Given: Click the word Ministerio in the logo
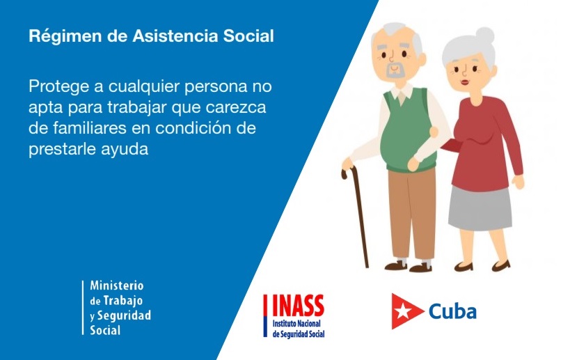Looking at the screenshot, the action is (x=117, y=285).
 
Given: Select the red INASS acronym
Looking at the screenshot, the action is (x=298, y=306).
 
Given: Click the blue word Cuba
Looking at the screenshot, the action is (x=452, y=311).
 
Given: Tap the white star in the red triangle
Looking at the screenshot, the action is (x=403, y=311).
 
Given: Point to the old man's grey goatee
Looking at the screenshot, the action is (x=393, y=70).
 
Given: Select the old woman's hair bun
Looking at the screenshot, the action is (x=485, y=35).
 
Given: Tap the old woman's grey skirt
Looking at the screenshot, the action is (x=480, y=208).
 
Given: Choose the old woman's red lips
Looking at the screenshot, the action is (x=464, y=82).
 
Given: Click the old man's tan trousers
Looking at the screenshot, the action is (x=412, y=214).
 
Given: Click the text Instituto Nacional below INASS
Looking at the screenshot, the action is (x=296, y=324).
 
